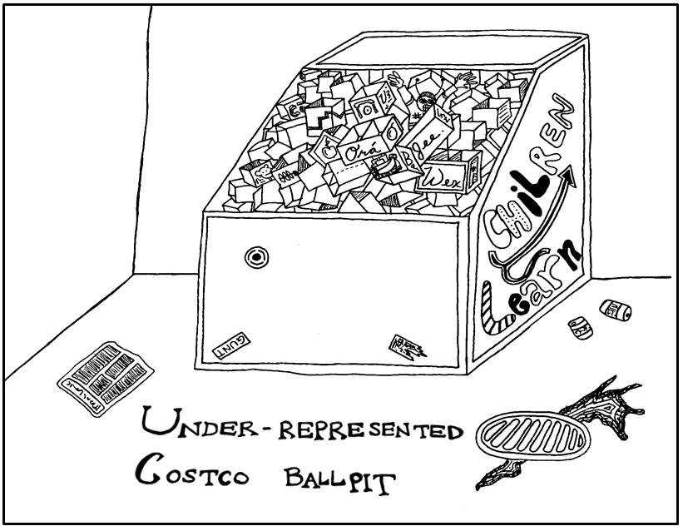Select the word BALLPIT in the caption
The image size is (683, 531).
[x=338, y=481]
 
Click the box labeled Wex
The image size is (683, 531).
[x=446, y=176]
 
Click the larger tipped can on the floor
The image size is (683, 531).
[x=616, y=311]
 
